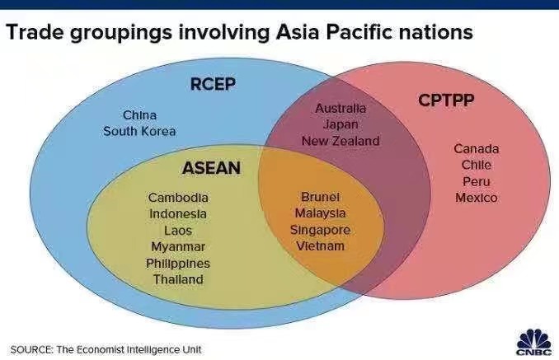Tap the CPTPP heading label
(445, 101)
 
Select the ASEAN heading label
(211, 168)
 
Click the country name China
(139, 115)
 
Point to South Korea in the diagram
(139, 131)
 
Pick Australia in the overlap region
(341, 109)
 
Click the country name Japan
(341, 124)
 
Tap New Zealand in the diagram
(341, 141)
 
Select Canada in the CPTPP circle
(477, 149)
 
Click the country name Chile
(477, 165)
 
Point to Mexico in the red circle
(477, 198)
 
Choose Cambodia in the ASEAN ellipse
(178, 198)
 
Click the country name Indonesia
(178, 214)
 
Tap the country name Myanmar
(178, 247)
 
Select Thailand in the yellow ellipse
(178, 280)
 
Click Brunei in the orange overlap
(320, 198)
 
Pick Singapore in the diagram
(320, 230)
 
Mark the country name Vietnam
(320, 246)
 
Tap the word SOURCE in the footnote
(31, 349)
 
